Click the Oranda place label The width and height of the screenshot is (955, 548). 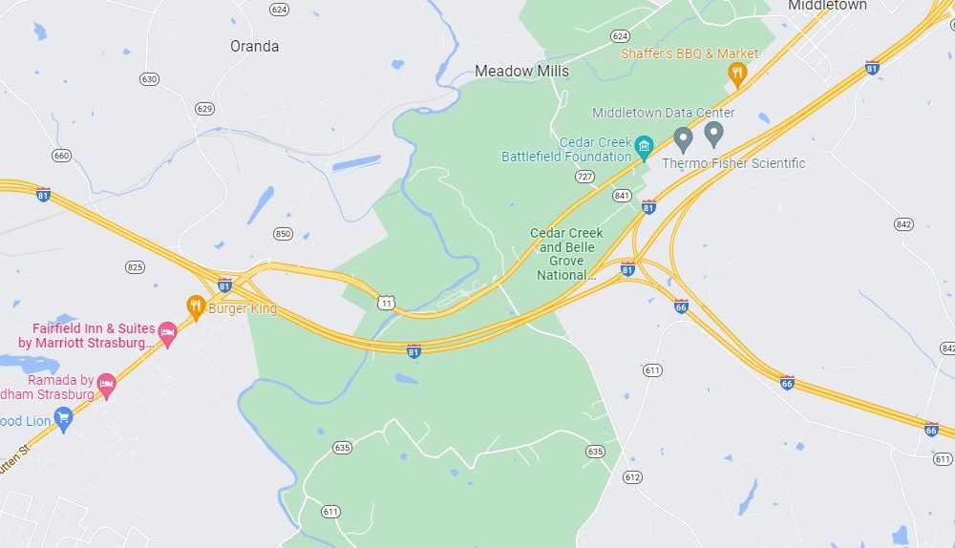tap(255, 46)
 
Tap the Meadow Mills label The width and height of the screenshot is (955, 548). tap(521, 71)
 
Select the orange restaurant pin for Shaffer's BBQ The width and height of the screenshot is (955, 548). tap(737, 73)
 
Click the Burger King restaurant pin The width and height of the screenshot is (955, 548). tap(196, 306)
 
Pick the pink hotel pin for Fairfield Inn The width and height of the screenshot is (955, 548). tap(168, 333)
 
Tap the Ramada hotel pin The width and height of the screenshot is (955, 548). tap(107, 386)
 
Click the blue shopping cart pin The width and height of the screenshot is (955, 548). tap(64, 418)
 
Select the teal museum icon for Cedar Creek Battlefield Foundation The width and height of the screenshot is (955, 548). tap(644, 146)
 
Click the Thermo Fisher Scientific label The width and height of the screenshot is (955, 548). tap(733, 163)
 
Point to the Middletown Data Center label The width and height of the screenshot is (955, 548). tap(663, 113)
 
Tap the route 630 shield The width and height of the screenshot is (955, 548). tap(149, 79)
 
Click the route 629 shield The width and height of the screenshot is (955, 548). tap(204, 109)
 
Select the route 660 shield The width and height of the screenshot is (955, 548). tap(62, 156)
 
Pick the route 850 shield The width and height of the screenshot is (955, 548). tap(283, 234)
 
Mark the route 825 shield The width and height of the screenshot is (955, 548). tap(135, 266)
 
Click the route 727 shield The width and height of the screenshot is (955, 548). tap(584, 177)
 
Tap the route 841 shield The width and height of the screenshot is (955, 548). tap(623, 196)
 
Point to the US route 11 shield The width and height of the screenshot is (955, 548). tap(386, 303)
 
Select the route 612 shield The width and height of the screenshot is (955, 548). tap(632, 477)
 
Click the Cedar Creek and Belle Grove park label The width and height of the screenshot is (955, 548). tap(566, 254)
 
